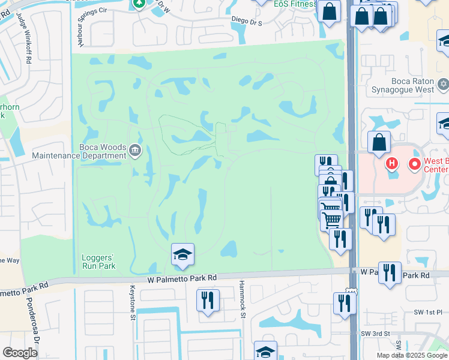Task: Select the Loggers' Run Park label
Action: click(x=98, y=261)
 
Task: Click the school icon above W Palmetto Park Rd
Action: click(x=182, y=255)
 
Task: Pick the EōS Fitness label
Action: click(x=295, y=4)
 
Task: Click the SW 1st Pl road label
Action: click(x=430, y=313)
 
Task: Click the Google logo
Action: click(x=20, y=353)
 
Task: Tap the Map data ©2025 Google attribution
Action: click(x=411, y=355)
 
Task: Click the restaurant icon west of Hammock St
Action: click(x=208, y=301)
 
